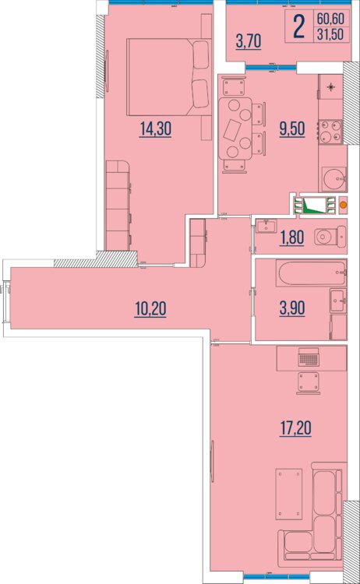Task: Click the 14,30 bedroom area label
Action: pos(156,128)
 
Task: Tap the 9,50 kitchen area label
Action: pos(292,128)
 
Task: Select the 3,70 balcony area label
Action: pos(249,41)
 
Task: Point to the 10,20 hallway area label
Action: pos(150,309)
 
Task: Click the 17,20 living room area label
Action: pos(296,428)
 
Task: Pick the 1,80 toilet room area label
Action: pos(292,237)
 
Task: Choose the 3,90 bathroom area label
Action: pos(292,308)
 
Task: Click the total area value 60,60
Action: pos(330,19)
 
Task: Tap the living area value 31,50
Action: pos(330,34)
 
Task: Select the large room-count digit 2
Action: pos(299,26)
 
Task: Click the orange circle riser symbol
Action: pos(343,205)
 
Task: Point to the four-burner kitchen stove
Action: pos(330,131)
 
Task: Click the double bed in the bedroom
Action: pos(168,77)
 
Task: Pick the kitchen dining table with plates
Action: pos(235,128)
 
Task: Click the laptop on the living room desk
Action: pos(309,357)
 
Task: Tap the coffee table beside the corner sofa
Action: pos(289,494)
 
